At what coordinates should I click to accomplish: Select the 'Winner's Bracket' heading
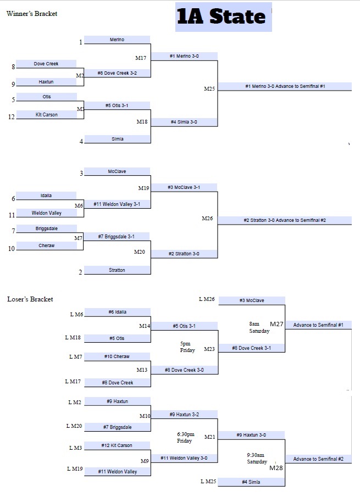tap(32, 13)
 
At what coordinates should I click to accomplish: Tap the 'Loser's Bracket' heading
tap(30, 299)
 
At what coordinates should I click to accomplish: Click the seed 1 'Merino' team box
tap(117, 40)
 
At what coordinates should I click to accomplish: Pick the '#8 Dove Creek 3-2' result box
tap(117, 73)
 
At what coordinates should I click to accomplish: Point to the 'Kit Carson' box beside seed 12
tap(47, 115)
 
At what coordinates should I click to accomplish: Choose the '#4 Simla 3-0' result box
tap(184, 122)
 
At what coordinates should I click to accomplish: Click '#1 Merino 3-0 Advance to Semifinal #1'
tap(285, 86)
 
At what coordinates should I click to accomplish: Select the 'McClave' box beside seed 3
tap(117, 171)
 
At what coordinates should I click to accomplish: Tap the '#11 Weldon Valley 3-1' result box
tap(117, 204)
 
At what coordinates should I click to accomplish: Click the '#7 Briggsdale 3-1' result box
tap(117, 237)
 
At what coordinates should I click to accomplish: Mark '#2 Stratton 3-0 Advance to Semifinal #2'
tap(285, 220)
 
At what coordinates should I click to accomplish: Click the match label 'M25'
tap(210, 88)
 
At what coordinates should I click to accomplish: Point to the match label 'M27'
tap(276, 324)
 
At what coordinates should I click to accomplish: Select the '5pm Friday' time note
tap(187, 347)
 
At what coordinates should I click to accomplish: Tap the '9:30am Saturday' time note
tap(257, 459)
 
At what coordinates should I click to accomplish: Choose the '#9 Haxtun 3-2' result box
tap(184, 415)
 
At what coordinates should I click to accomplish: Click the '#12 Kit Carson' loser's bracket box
tap(117, 445)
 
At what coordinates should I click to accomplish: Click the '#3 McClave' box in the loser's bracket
tap(252, 300)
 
